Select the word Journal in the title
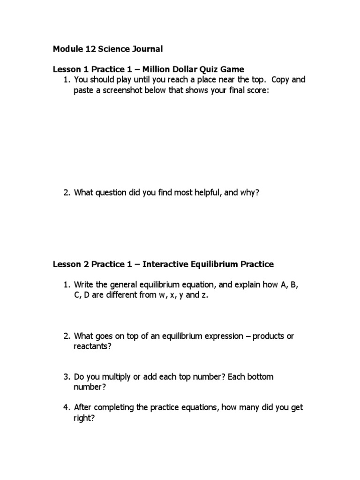click(x=148, y=49)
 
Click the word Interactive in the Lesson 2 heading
click(x=163, y=264)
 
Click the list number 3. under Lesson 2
click(x=67, y=377)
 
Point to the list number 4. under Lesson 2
click(x=67, y=407)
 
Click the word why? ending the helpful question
click(x=249, y=193)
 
